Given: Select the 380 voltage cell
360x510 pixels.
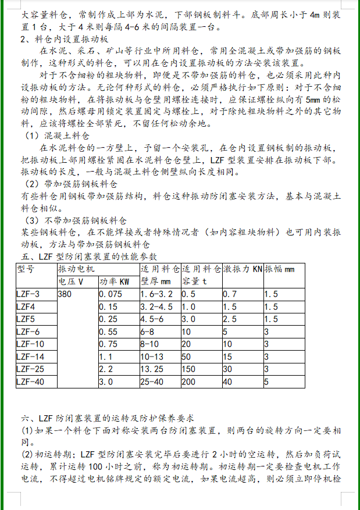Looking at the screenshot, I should [x=66, y=294].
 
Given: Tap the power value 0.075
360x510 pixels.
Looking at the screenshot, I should [x=111, y=294].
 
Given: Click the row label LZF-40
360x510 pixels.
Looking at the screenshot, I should [x=30, y=382].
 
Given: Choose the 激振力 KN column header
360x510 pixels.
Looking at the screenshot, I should [x=243, y=269].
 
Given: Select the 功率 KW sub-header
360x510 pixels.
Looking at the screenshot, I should [x=114, y=281].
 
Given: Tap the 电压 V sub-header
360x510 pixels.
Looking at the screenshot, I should [x=71, y=281].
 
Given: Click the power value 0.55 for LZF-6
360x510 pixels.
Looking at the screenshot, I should [x=108, y=331].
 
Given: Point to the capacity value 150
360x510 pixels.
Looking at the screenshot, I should [x=188, y=369].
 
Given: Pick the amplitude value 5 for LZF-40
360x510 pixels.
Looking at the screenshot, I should [x=266, y=382].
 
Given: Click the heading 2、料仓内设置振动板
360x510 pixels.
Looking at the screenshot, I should [x=65, y=40].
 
